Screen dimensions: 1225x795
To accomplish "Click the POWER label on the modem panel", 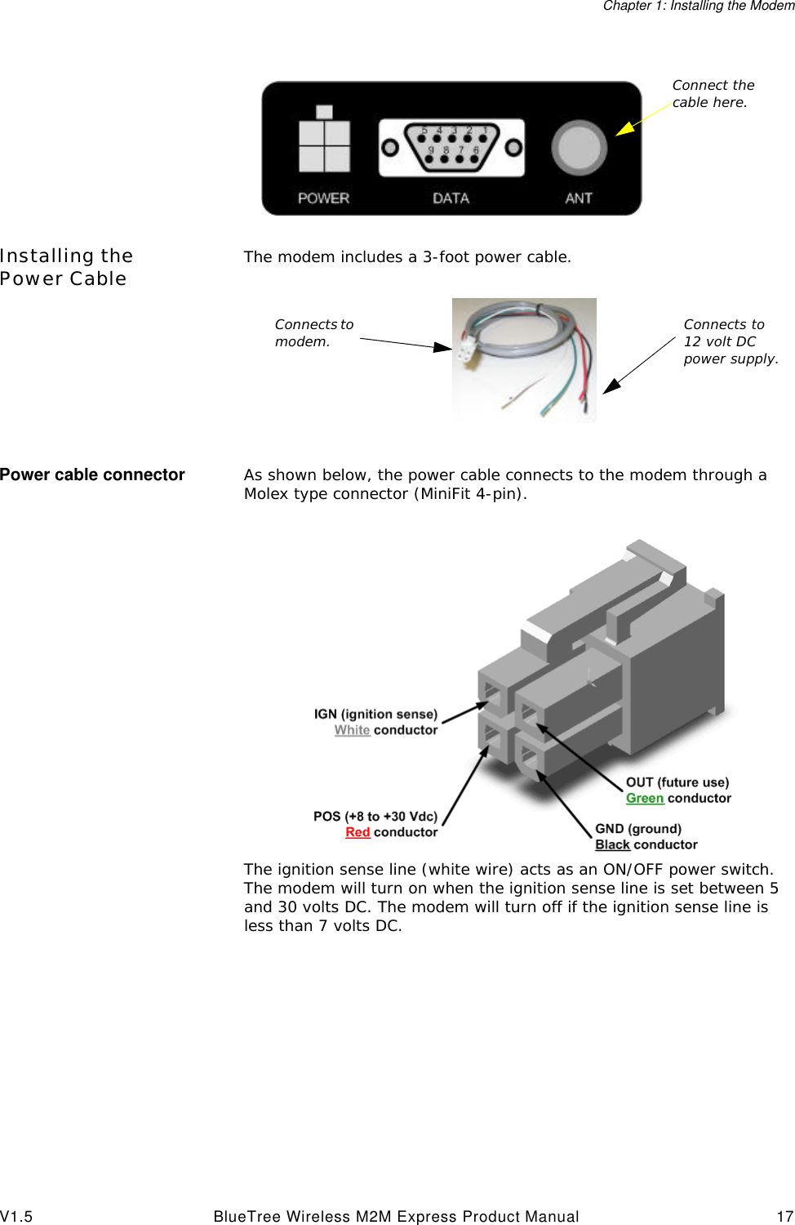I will pos(323,198).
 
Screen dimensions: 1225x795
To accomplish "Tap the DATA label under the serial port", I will pos(451,198).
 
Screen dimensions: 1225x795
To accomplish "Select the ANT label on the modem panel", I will pos(578,198).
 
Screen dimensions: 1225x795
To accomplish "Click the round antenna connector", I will pos(579,148).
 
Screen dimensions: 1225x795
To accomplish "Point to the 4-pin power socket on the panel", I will pos(324,145).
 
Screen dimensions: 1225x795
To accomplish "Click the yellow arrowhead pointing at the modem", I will pos(624,128).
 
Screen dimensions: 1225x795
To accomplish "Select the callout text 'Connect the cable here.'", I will pos(713,94).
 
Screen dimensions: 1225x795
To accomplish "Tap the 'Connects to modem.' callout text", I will pos(313,333).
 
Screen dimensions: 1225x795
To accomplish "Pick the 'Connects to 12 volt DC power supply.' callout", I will pos(730,341).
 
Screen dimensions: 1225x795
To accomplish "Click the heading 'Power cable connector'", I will pos(92,474).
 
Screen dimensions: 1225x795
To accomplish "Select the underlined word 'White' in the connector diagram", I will pos(352,730).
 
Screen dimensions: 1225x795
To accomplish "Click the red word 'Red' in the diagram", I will pos(358,832).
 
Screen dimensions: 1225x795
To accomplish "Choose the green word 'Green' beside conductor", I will pos(645,799).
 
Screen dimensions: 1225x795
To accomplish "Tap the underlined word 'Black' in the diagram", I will pos(612,845).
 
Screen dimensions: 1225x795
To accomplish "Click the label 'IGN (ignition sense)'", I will pos(375,715).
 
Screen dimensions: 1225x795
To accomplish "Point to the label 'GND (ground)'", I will pos(637,829).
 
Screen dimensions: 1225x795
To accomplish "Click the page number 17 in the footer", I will pos(784,1216).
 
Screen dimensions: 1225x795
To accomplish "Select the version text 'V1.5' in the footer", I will pos(16,1216).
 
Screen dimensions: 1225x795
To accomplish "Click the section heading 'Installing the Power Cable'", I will pos(65,267).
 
